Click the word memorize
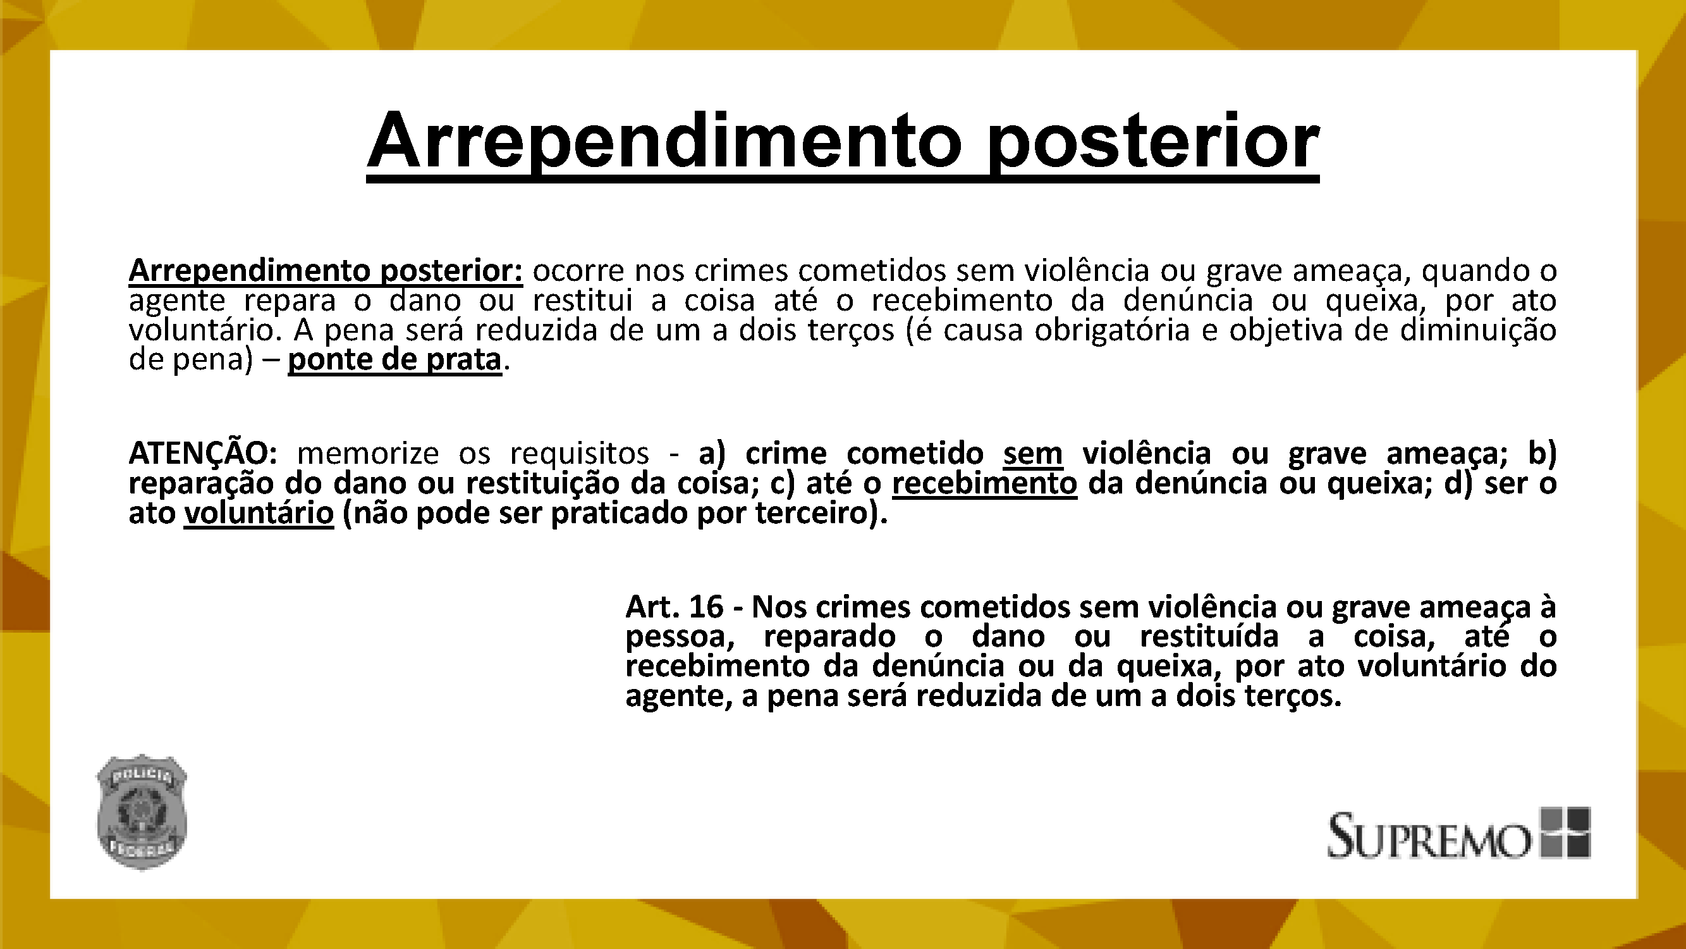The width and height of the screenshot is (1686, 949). click(x=368, y=452)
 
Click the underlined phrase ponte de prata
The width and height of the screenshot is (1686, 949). click(x=394, y=360)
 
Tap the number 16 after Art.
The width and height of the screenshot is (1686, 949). click(x=706, y=607)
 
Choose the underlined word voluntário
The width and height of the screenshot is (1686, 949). click(x=259, y=513)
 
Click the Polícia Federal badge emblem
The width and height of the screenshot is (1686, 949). click(x=142, y=812)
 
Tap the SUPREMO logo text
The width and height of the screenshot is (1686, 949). click(x=1429, y=836)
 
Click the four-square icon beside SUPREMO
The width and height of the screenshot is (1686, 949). click(x=1565, y=832)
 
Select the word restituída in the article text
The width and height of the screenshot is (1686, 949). click(x=1209, y=637)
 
